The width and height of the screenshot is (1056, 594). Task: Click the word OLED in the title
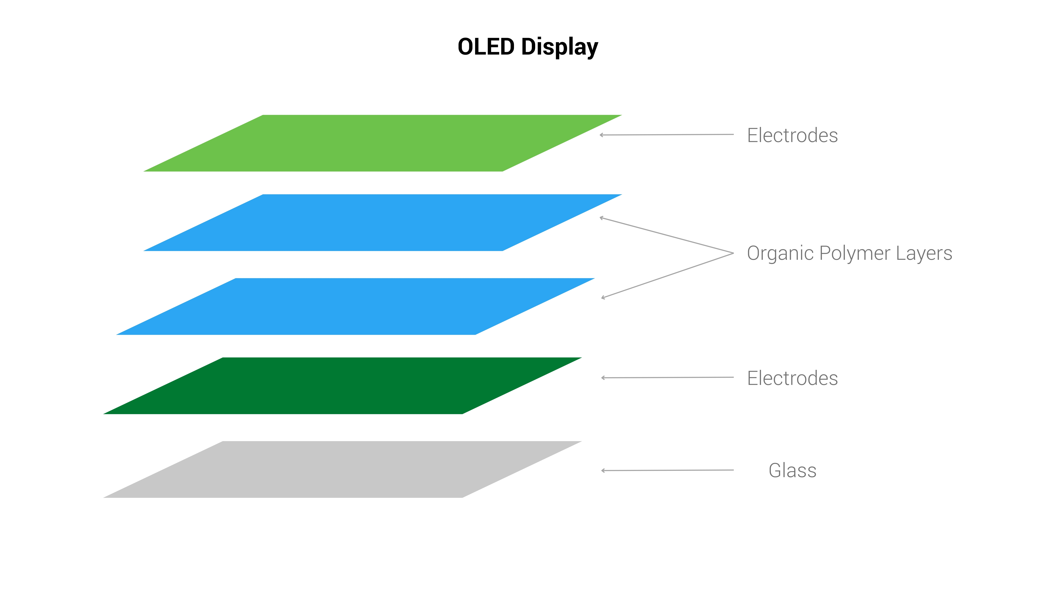(x=486, y=47)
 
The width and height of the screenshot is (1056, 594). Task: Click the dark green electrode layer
(x=342, y=386)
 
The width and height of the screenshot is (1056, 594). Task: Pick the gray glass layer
(x=342, y=469)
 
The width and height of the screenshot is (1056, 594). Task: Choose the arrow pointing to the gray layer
(x=667, y=470)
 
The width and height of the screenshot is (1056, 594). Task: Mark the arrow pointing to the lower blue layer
(x=667, y=275)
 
